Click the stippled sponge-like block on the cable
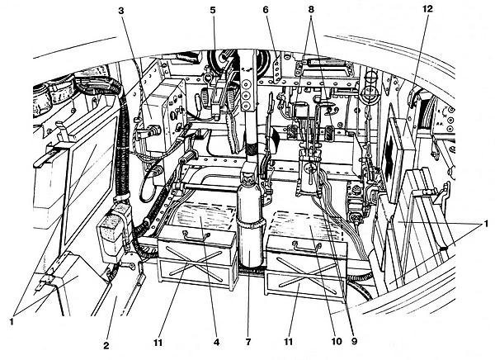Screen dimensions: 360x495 pos(115,234)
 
